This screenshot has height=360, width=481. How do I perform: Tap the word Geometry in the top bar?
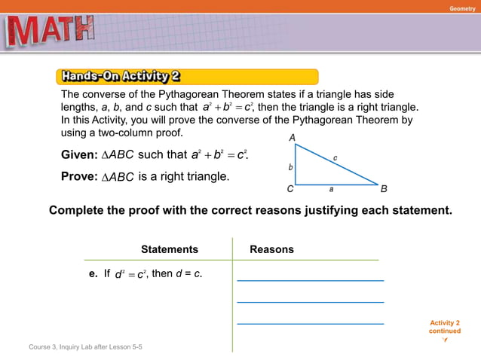tap(461, 8)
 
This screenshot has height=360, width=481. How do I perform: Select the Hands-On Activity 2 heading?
tap(121, 76)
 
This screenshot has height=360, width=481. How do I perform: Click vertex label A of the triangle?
tap(291, 138)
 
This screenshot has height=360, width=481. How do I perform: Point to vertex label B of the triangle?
tap(384, 189)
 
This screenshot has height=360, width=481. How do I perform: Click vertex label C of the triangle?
tap(290, 190)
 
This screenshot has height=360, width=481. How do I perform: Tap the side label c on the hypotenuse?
tap(336, 157)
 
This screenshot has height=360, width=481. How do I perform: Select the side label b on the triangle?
tap(290, 166)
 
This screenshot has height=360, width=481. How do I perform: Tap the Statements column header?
tap(170, 249)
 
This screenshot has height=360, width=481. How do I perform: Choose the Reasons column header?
tap(271, 249)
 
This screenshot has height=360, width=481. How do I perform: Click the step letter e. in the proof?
tap(94, 273)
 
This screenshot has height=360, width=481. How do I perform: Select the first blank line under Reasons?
tap(310, 280)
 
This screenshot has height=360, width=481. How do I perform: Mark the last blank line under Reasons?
tap(310, 324)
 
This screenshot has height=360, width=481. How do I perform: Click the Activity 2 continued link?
tap(444, 328)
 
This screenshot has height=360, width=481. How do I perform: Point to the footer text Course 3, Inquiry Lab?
tap(85, 346)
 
